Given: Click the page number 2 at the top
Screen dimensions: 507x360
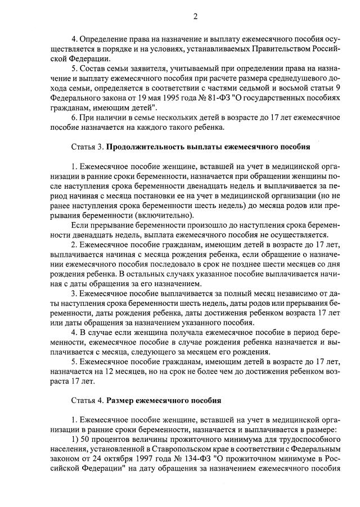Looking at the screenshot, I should pyautogui.click(x=195, y=16).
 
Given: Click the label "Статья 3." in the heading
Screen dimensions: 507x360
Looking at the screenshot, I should pyautogui.click(x=87, y=147).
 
